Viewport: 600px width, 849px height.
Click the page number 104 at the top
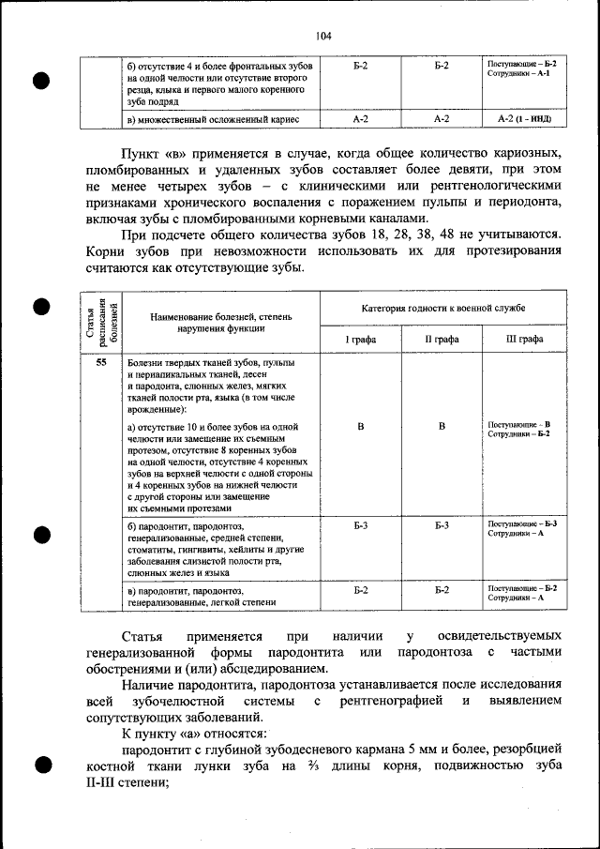pyautogui.click(x=324, y=37)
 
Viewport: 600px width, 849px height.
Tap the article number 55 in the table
pyautogui.click(x=100, y=363)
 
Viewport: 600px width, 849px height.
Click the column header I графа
pyautogui.click(x=361, y=339)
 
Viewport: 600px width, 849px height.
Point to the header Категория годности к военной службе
pyautogui.click(x=442, y=308)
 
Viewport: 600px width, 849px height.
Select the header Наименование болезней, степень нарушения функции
pyautogui.click(x=221, y=324)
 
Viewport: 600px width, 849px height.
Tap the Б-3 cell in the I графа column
pyautogui.click(x=361, y=524)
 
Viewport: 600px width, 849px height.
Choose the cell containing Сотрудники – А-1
pyautogui.click(x=523, y=73)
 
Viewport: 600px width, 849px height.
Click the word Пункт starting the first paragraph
pyautogui.click(x=142, y=152)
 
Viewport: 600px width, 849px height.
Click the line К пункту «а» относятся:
pyautogui.click(x=194, y=732)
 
